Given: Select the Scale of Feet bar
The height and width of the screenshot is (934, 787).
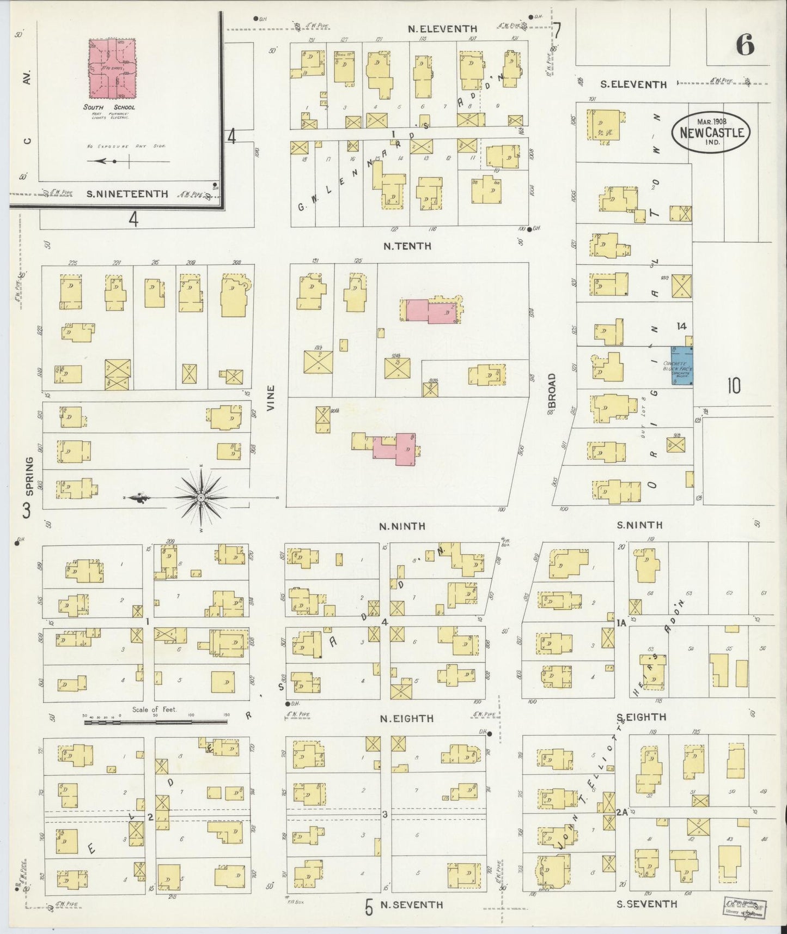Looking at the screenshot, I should click(x=155, y=721).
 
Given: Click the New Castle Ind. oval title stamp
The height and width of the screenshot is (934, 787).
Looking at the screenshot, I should click(x=711, y=131).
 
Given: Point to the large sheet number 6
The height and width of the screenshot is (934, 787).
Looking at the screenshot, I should click(x=746, y=46).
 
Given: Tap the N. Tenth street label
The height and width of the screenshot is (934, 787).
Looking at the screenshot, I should click(x=407, y=246).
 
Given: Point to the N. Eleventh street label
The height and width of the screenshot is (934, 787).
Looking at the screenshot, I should click(x=443, y=29).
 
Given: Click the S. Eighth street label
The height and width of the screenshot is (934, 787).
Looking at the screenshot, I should click(x=642, y=717).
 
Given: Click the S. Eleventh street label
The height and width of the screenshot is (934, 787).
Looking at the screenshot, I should click(x=633, y=84).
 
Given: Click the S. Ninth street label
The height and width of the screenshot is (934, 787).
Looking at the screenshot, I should click(x=639, y=525).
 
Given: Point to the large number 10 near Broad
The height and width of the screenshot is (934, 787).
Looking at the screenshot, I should click(x=733, y=386).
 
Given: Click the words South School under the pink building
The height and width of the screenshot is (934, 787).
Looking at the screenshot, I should click(x=109, y=107).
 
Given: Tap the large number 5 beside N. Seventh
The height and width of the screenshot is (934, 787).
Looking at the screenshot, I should click(x=369, y=907).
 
